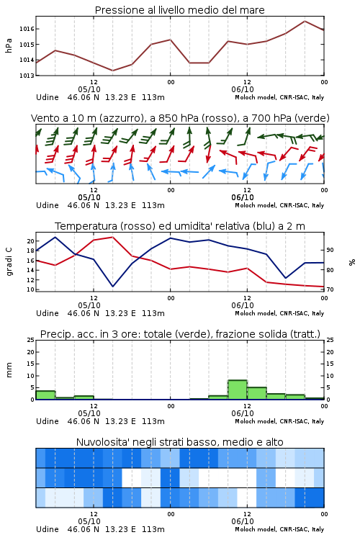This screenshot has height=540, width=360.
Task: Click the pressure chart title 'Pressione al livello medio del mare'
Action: click(179, 10)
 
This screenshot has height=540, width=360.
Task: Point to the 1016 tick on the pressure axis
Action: click(27, 29)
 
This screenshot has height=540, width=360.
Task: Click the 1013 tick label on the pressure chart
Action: click(27, 76)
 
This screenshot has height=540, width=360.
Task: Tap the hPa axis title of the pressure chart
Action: click(9, 45)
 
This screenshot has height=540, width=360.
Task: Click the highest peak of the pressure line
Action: click(305, 21)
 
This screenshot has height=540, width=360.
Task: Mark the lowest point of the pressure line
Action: click(112, 71)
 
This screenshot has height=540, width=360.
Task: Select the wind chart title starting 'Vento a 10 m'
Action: click(180, 118)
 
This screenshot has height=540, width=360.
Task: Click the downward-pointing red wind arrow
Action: click(208, 153)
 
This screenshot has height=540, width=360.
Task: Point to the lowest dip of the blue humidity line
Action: click(112, 286)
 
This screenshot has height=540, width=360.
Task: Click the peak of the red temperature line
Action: click(112, 237)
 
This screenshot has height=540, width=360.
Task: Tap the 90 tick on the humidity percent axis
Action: click(330, 250)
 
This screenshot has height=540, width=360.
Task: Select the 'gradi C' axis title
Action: click(9, 262)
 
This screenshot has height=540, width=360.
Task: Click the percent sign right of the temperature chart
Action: click(352, 262)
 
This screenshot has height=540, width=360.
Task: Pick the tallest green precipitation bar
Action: click(238, 390)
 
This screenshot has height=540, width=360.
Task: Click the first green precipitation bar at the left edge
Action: click(45, 395)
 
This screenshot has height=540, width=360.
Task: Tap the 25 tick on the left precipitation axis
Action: click(31, 341)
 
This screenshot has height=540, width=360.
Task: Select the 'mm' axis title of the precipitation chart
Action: click(9, 370)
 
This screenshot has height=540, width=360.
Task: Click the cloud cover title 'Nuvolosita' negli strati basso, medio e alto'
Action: click(179, 442)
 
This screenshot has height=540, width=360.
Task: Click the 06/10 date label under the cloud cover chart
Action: click(243, 521)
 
